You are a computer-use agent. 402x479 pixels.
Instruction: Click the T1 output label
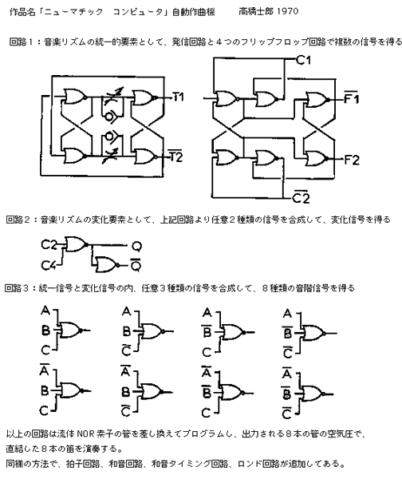click(x=178, y=97)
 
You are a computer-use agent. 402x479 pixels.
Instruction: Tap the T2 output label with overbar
click(x=176, y=156)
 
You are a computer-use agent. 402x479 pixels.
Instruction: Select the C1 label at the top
click(x=304, y=60)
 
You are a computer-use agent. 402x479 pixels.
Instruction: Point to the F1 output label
click(x=351, y=97)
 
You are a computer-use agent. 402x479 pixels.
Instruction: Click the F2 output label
click(x=352, y=160)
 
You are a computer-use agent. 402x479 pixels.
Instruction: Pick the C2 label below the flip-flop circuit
click(x=301, y=197)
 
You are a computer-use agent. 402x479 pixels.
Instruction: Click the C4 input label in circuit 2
click(x=48, y=265)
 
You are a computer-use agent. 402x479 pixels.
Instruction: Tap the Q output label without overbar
click(x=136, y=246)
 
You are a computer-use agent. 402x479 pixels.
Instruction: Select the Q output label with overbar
click(x=136, y=265)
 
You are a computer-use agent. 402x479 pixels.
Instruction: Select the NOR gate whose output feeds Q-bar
click(x=106, y=264)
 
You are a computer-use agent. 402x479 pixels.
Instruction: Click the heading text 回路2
click(x=18, y=220)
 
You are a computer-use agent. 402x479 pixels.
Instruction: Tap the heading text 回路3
click(x=17, y=287)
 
